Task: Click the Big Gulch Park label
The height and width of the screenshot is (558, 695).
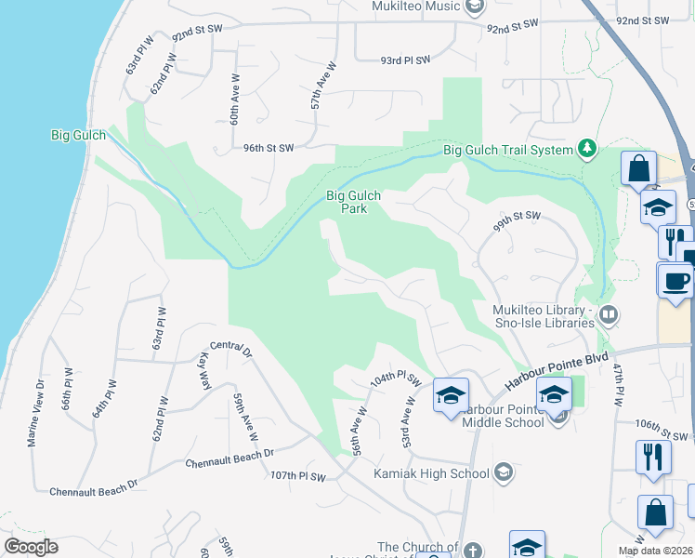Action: coord(353,202)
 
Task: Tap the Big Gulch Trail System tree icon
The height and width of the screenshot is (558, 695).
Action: coord(586,149)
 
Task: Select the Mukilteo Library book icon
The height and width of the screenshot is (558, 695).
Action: coord(609,315)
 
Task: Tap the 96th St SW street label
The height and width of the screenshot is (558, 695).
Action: coord(269,148)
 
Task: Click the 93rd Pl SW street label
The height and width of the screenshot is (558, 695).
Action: coord(406,60)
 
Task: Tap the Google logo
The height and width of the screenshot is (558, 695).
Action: coord(31,547)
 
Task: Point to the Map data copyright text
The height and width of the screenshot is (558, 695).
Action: coord(656,551)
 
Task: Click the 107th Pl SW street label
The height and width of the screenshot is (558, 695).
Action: coord(298,477)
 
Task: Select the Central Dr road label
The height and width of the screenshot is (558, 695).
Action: coord(231,350)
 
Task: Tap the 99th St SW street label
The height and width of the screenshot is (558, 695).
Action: coord(517,217)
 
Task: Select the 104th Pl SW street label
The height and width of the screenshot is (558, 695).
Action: coord(395,382)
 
